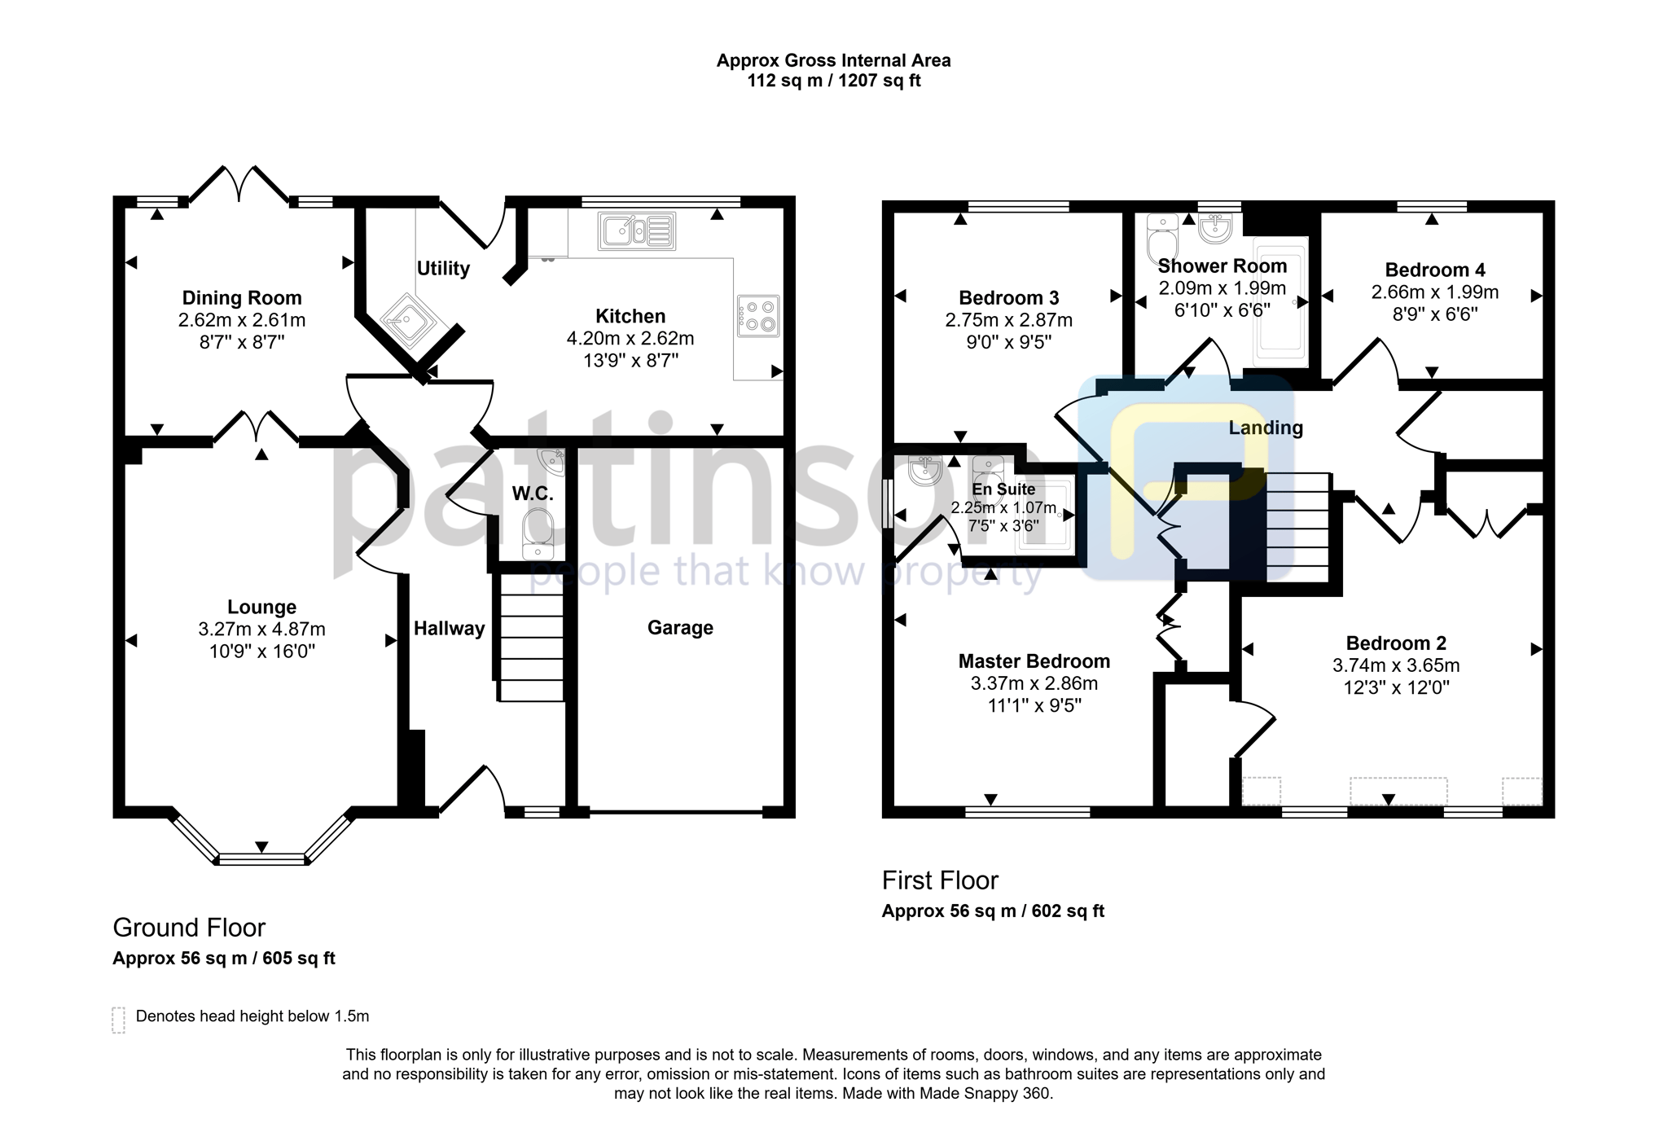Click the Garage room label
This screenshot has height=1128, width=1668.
tap(680, 628)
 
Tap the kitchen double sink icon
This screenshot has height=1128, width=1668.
tap(637, 230)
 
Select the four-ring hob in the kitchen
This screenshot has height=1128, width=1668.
tap(758, 316)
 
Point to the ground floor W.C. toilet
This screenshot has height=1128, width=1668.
tap(538, 533)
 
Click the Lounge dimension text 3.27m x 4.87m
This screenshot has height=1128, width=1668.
tap(261, 630)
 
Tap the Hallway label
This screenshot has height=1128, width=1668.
tap(449, 629)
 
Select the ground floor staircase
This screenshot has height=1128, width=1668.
tap(530, 637)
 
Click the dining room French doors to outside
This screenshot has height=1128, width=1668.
tap(238, 184)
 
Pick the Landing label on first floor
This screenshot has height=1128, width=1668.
tap(1265, 428)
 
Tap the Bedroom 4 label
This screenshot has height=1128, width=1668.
tap(1434, 270)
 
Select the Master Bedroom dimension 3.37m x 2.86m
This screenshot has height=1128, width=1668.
tap(1034, 684)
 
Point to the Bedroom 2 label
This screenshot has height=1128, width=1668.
tap(1395, 643)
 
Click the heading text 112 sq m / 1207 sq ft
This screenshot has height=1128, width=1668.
tap(833, 81)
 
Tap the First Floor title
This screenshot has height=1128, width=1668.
tap(939, 880)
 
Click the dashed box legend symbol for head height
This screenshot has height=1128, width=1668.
tap(118, 1020)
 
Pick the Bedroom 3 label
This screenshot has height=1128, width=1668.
tap(1008, 299)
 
